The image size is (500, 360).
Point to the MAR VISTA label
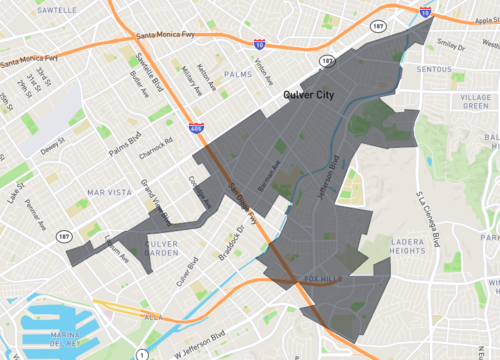tap(109, 191)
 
